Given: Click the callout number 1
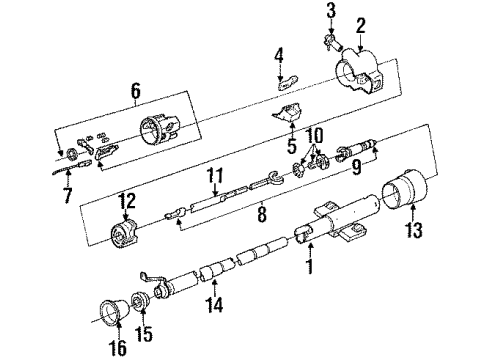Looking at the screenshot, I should click(310, 269).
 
